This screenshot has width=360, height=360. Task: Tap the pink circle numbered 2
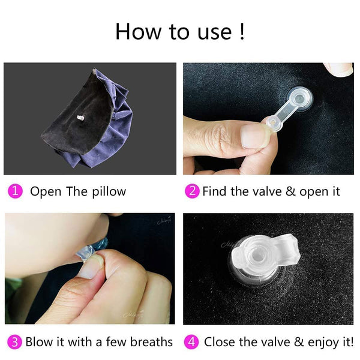tap(192, 191)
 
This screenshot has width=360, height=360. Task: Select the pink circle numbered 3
tap(16, 342)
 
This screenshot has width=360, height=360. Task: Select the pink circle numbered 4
tap(192, 342)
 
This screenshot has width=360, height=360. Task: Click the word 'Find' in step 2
tap(215, 191)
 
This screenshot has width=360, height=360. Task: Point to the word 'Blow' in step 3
tap(38, 342)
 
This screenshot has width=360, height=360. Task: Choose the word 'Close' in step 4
tap(220, 342)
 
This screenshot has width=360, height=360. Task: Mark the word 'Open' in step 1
tap(45, 192)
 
